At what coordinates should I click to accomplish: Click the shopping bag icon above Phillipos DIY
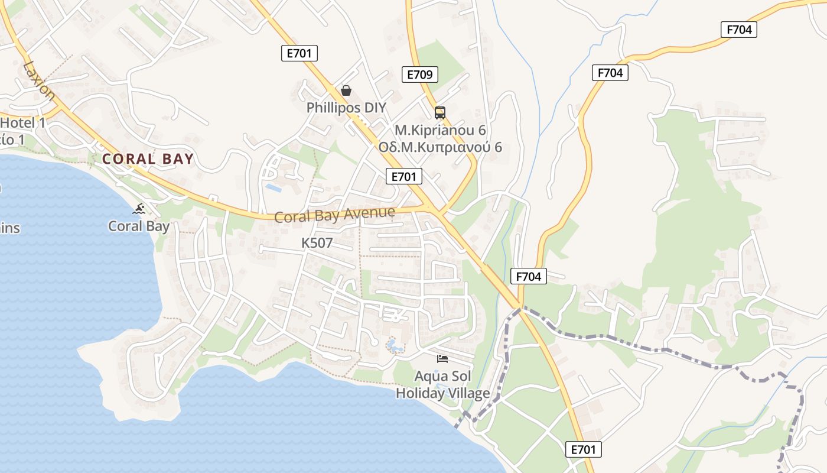346,90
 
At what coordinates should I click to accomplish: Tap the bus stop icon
439,112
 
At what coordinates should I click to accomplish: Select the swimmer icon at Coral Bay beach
140,209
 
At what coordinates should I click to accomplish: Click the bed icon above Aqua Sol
442,358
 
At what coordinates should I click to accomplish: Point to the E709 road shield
420,74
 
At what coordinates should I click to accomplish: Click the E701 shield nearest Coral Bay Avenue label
404,176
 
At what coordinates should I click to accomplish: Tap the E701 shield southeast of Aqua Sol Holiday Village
583,449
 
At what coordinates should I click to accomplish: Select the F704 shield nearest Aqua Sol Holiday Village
528,276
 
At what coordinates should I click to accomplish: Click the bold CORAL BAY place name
148,159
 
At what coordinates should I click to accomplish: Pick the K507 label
317,243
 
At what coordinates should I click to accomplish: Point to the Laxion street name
39,80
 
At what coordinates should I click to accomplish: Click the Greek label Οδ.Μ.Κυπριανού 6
440,147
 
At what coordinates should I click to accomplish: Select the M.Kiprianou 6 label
440,130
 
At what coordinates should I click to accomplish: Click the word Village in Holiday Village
467,393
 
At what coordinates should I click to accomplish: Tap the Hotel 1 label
24,123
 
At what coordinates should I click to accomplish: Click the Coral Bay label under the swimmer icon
139,226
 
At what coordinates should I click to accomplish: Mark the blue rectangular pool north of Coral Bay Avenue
274,188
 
